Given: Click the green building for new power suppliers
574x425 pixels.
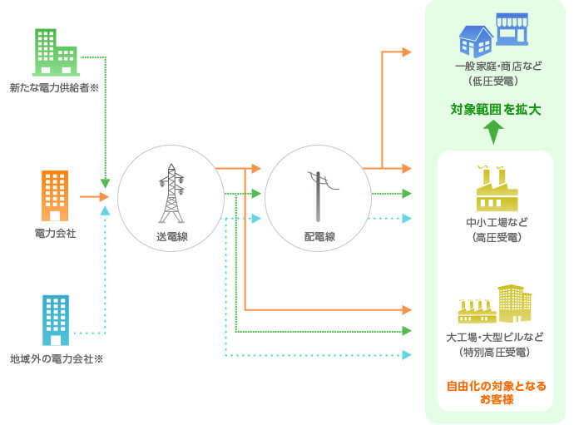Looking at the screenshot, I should point(56,52).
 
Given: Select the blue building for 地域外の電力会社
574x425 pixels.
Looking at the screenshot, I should point(55,320).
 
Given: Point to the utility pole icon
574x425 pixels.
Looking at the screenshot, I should point(319,195).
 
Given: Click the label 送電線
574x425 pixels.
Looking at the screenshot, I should point(172,237).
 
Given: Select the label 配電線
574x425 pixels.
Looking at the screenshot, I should point(319,237).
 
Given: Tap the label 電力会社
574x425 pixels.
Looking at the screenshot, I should point(55,234).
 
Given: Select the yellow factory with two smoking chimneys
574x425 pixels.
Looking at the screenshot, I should point(497,190).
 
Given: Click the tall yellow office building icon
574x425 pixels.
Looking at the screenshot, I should point(514,304).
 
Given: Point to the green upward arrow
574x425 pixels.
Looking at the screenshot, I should point(495,131).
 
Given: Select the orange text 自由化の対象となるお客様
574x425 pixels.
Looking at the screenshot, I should point(496,393).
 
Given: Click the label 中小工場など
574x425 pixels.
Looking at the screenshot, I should point(496,223).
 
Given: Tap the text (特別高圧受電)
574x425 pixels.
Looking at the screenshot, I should point(495,352).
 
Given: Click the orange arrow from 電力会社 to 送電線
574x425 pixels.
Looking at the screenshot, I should point(94,197).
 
